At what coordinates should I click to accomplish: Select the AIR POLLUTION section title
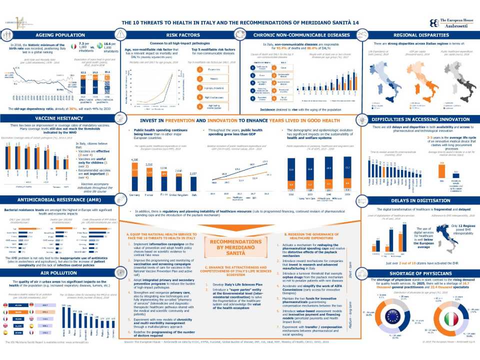click(x=59, y=274)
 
